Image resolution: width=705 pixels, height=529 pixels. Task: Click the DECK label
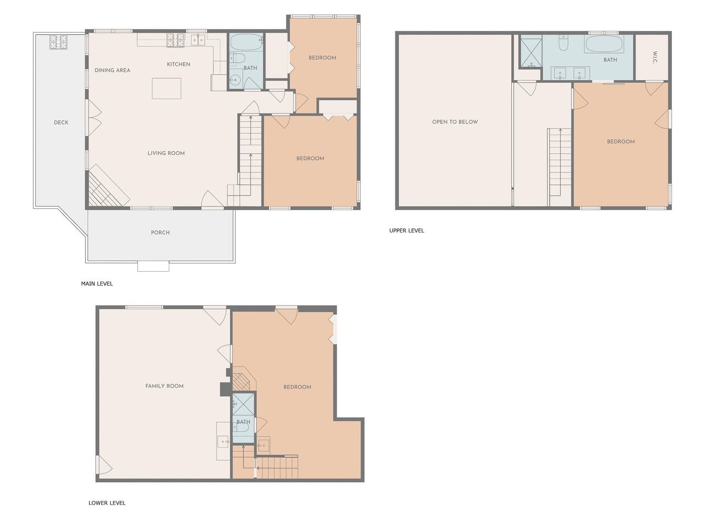pyautogui.click(x=61, y=122)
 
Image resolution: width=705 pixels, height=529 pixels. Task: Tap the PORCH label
pyautogui.click(x=160, y=233)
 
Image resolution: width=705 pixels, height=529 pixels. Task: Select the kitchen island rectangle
pyautogui.click(x=166, y=88)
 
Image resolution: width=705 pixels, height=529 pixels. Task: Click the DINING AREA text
pyautogui.click(x=112, y=71)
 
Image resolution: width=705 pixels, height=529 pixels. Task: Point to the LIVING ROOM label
pyautogui.click(x=166, y=153)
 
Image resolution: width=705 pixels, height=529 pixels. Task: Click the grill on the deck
pyautogui.click(x=58, y=42)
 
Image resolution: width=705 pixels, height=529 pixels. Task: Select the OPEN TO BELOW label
pyautogui.click(x=455, y=122)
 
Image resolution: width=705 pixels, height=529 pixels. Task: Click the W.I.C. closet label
pyautogui.click(x=655, y=57)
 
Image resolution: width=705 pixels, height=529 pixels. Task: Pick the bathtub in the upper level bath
pyautogui.click(x=604, y=44)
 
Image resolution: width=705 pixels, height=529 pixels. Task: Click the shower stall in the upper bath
pyautogui.click(x=531, y=53)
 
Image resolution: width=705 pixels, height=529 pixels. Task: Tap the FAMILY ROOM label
pyautogui.click(x=165, y=386)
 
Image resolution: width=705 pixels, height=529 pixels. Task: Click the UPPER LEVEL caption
pyautogui.click(x=406, y=231)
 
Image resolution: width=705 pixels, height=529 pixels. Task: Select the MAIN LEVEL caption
pyautogui.click(x=97, y=284)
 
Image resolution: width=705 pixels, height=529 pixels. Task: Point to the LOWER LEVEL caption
pyautogui.click(x=107, y=503)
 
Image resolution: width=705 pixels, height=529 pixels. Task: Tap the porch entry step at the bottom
pyautogui.click(x=153, y=267)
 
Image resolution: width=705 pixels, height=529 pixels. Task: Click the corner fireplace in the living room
pyautogui.click(x=106, y=188)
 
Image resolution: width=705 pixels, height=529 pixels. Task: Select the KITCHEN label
pyautogui.click(x=178, y=64)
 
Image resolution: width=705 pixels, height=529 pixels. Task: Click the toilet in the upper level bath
pyautogui.click(x=563, y=44)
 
